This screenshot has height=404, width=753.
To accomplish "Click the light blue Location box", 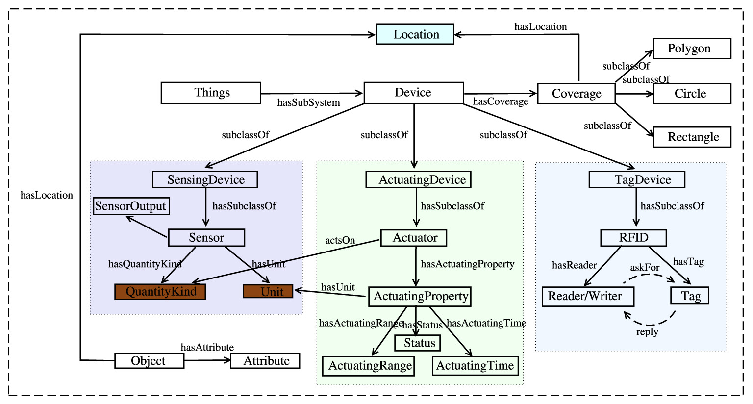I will tap(415, 34).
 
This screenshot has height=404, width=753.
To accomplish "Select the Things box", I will tap(211, 93).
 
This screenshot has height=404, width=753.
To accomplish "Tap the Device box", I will tap(413, 93).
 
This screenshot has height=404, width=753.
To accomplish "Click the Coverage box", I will tap(576, 94).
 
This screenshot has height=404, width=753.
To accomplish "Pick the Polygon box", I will tap(692, 49).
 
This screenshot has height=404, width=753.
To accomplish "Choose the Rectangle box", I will tap(692, 137).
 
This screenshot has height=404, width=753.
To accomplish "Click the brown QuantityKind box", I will tap(160, 292).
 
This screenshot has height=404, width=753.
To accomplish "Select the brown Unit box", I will tap(268, 292).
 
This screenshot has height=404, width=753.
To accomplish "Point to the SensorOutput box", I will tap(131, 206).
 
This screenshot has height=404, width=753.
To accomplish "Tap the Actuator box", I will tap(414, 238).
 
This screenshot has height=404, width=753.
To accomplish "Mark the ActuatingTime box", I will tap(475, 366).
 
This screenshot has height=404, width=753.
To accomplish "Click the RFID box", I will tap(633, 238).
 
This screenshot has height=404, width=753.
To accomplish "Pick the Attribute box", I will tap(265, 361).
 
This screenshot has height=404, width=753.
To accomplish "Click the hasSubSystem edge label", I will tap(308, 103).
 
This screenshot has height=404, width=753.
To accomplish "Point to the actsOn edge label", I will tap(340, 241).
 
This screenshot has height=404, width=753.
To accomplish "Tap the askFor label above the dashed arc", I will tap(645, 268).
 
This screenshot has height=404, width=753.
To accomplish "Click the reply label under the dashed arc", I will tap(647, 332).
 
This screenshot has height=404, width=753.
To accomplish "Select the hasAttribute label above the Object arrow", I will tap(207, 348).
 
